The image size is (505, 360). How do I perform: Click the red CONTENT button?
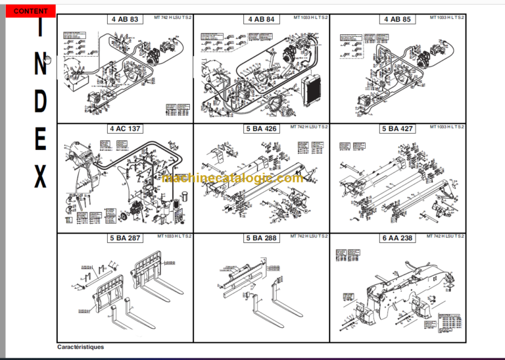coord(30,11)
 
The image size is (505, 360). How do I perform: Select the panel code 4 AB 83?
coord(124,20)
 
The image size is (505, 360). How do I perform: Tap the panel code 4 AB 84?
coord(261,20)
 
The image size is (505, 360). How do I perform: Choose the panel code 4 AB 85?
coord(397,20)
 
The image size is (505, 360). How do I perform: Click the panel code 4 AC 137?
coord(125,129)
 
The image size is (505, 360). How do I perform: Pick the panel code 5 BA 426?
coord(261,129)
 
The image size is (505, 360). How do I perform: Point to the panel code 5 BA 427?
coord(397,129)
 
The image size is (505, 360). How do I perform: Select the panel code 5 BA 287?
coord(125,238)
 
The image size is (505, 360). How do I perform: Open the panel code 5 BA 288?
coord(261,238)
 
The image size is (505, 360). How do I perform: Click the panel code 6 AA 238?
coord(397,238)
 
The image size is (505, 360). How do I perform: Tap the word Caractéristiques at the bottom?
coord(80,347)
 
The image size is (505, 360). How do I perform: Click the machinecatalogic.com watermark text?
coord(232,178)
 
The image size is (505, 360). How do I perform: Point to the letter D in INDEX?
coord(40,102)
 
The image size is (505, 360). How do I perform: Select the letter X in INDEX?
coord(40,176)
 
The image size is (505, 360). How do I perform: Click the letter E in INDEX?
coord(40,140)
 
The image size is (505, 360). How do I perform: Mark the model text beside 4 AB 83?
coord(174,17)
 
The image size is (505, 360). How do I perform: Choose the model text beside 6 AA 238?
coord(446,236)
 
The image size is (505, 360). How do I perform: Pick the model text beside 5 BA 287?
coord(174,236)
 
